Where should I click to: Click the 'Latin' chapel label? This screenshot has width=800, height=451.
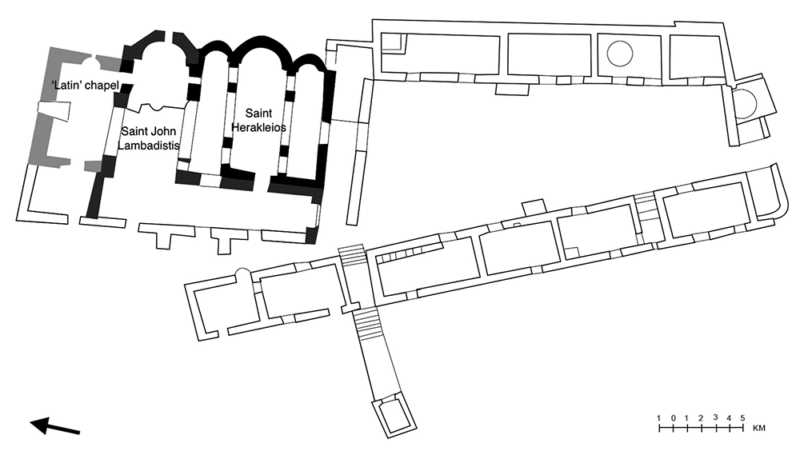pyautogui.click(x=86, y=85)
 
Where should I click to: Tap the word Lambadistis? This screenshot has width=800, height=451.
pyautogui.click(x=149, y=146)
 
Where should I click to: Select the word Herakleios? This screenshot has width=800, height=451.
pyautogui.click(x=258, y=127)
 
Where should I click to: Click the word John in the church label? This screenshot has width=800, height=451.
pyautogui.click(x=162, y=131)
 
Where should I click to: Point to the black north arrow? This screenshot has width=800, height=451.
pyautogui.click(x=55, y=426)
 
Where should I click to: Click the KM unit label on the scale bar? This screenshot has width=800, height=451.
pyautogui.click(x=758, y=428)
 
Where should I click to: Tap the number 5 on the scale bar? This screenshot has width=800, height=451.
pyautogui.click(x=742, y=418)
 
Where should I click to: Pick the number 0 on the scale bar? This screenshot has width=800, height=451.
pyautogui.click(x=673, y=418)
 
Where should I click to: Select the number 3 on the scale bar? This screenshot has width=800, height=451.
pyautogui.click(x=714, y=417)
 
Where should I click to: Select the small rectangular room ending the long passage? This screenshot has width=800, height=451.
pyautogui.click(x=394, y=416)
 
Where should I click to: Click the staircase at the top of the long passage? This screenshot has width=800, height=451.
pyautogui.click(x=353, y=254)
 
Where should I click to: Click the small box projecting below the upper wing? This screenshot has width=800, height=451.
pyautogui.click(x=512, y=89)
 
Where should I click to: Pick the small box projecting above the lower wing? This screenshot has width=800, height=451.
pyautogui.click(x=533, y=207)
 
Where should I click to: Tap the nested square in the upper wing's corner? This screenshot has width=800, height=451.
pyautogui.click(x=394, y=42)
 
